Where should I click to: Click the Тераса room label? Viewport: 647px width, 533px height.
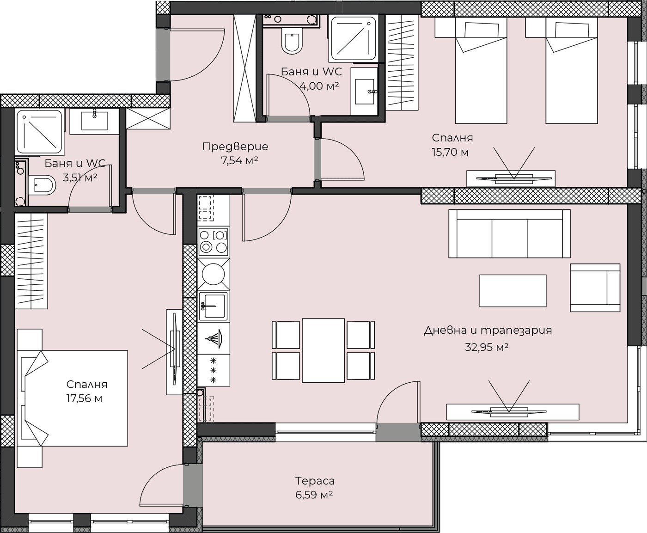(x=315, y=481)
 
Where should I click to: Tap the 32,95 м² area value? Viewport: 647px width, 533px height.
(x=487, y=347)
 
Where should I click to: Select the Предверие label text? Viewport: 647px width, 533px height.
(x=235, y=147)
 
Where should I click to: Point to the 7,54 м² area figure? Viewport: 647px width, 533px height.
(x=239, y=160)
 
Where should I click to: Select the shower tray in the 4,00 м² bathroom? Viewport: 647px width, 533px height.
(x=354, y=38)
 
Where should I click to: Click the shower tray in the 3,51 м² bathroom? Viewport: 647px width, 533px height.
(x=39, y=132)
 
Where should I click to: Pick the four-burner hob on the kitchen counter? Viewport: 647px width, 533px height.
(x=214, y=242)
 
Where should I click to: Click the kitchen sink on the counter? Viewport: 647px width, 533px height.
(x=214, y=306)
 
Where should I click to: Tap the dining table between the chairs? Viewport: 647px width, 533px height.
(x=323, y=350)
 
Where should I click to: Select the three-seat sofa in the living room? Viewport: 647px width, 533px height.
(x=509, y=234)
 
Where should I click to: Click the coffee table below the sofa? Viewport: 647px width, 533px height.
(x=513, y=291)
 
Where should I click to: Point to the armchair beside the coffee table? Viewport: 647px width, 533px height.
(x=595, y=288)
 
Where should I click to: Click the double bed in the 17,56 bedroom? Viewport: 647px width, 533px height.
(x=73, y=398)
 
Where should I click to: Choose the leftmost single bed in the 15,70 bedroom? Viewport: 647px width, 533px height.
(x=481, y=70)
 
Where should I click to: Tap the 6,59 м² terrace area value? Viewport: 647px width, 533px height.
(x=314, y=495)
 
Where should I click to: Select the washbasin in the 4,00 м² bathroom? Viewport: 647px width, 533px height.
(x=364, y=92)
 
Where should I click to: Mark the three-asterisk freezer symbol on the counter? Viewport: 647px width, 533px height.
(x=213, y=370)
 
